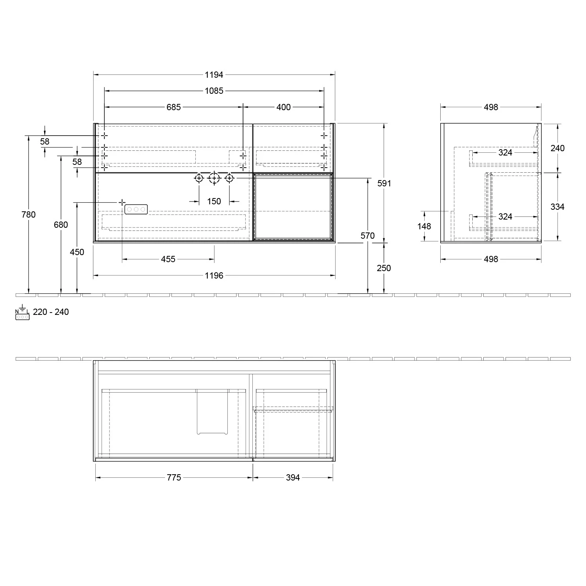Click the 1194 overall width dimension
point(214,75)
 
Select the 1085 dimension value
point(214,91)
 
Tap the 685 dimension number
point(173,107)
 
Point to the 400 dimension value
point(284,107)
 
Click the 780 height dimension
point(29,214)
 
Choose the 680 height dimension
point(61,225)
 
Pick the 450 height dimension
point(77,252)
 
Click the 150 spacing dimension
point(214,202)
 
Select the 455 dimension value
point(168,259)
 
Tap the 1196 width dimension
point(214,276)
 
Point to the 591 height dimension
point(384,183)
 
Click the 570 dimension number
point(368,236)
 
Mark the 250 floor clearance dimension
point(384,268)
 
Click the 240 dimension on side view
point(557,148)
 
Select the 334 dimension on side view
point(557,207)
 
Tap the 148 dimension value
point(424,226)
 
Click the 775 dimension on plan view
point(174,477)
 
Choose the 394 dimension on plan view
point(293,477)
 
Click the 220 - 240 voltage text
point(51,312)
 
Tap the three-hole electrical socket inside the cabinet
point(136,209)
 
